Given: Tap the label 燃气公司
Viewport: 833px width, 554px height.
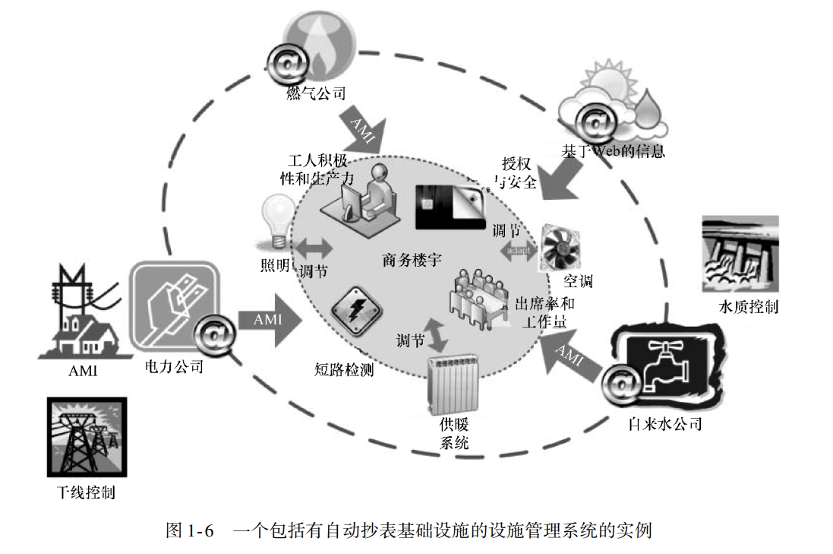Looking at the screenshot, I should click(x=316, y=94).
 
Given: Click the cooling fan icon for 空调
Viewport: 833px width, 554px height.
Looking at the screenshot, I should click(x=560, y=247).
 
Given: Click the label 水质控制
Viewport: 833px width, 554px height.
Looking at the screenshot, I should click(x=748, y=308).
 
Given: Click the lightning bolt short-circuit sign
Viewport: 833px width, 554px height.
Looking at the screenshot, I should click(x=352, y=311).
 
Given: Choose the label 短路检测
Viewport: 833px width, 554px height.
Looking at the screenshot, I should click(x=344, y=370).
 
